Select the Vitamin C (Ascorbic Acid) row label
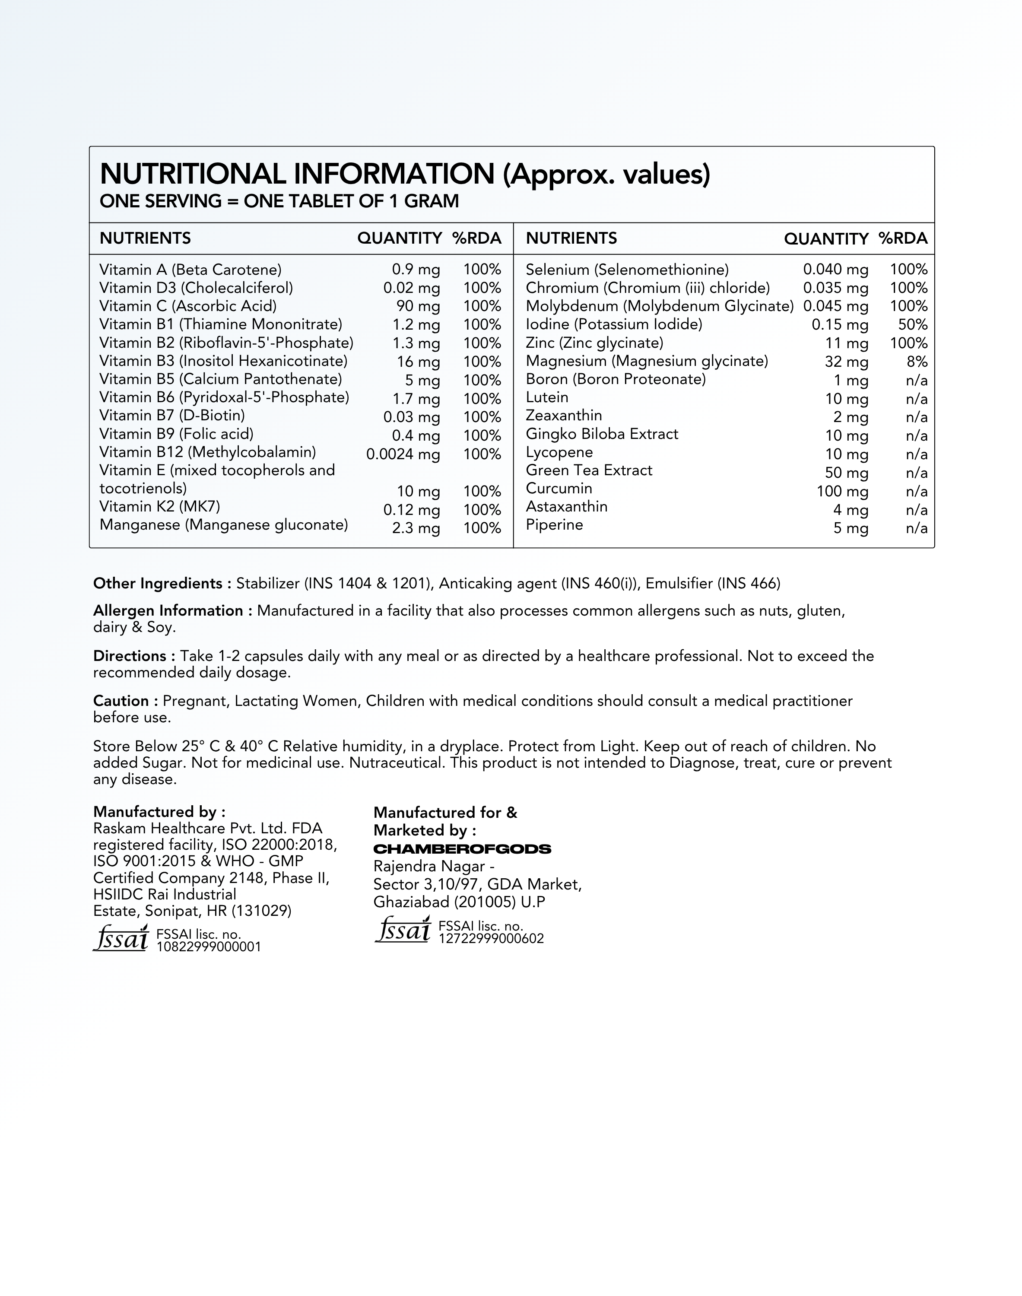tap(188, 306)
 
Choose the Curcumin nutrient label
tap(559, 489)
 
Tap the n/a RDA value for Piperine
tap(916, 528)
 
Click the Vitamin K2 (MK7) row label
tap(160, 507)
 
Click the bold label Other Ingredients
tap(158, 583)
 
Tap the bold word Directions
tap(130, 656)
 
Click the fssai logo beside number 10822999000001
tap(120, 938)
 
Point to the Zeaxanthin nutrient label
tap(564, 416)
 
